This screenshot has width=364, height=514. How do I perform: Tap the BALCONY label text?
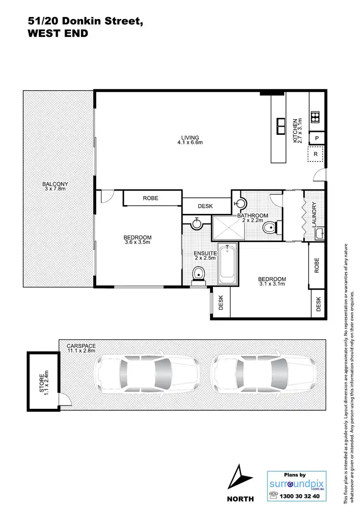coord(55,184)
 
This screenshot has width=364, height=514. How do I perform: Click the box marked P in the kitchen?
coord(316,138)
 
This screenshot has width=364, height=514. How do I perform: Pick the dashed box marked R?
coord(316,154)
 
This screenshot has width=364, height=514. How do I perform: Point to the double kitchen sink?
coord(281,125)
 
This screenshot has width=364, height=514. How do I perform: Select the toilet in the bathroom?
coord(269,228)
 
